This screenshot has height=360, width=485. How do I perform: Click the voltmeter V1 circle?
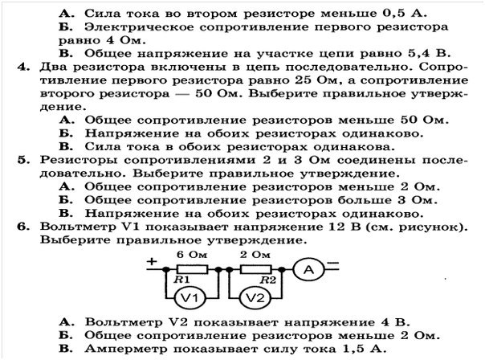tap(190, 298)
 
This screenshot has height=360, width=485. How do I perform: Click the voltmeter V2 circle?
tap(255, 298)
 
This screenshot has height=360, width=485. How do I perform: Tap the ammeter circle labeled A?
tap(308, 270)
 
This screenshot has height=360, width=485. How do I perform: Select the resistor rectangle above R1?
tap(192, 269)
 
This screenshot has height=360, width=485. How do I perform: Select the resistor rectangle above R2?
tap(256, 269)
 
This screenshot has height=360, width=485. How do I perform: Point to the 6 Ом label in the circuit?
tap(192, 255)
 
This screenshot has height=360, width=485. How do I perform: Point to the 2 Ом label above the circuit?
tap(255, 255)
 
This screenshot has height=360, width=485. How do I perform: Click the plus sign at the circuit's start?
tap(152, 262)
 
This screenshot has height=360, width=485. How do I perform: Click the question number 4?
tap(23, 67)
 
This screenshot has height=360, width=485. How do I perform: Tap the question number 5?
tap(23, 160)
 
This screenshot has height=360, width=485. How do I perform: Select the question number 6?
tap(23, 227)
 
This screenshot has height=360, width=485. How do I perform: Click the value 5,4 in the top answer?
tap(418, 53)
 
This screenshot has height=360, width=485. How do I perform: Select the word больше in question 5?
tap(365, 200)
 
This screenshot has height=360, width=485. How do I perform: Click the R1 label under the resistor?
tap(181, 280)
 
